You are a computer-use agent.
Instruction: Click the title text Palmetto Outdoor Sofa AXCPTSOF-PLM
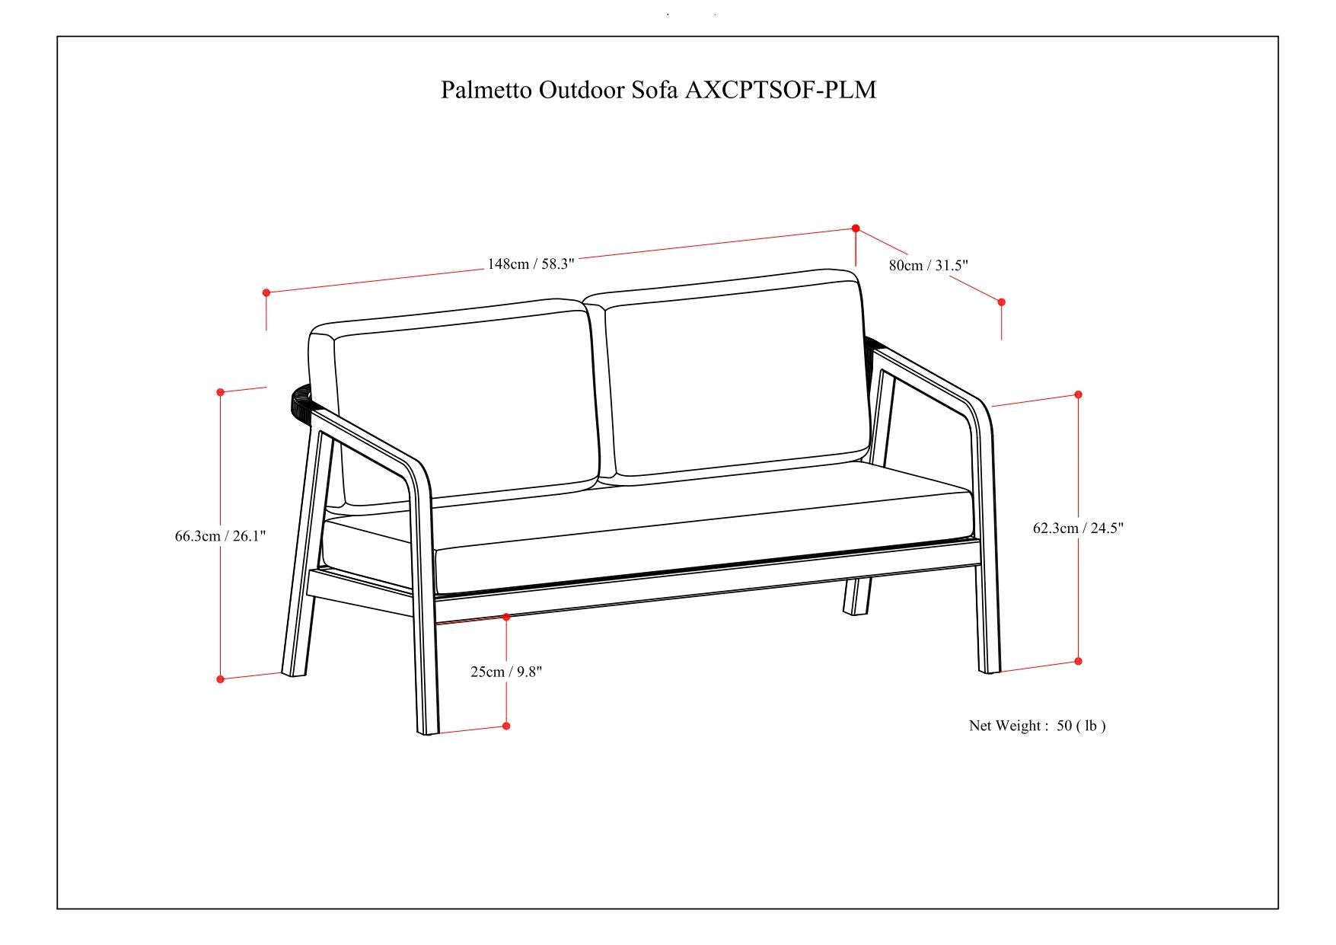tap(658, 90)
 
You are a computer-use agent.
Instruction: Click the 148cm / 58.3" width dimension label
tap(531, 264)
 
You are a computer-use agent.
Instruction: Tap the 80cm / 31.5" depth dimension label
tap(928, 266)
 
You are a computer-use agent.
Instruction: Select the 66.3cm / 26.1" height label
tap(220, 536)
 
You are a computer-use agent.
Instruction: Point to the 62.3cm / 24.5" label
tap(1078, 528)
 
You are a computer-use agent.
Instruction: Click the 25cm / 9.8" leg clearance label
tap(506, 672)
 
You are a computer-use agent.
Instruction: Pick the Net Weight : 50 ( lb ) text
tap(1037, 726)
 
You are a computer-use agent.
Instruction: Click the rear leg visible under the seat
tap(857, 595)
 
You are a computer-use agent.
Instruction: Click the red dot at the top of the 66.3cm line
tap(221, 392)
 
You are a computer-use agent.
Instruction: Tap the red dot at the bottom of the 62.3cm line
tap(1078, 662)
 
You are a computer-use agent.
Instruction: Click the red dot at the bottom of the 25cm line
tap(506, 726)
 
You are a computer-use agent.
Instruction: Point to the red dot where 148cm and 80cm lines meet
tap(856, 228)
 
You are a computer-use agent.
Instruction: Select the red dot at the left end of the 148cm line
tap(266, 292)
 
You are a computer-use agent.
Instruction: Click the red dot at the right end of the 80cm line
tap(1001, 302)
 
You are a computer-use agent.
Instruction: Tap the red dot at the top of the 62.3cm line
tap(1078, 394)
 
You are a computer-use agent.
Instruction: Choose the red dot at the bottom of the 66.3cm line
tap(221, 679)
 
